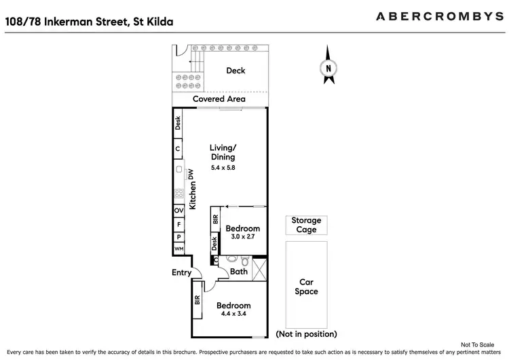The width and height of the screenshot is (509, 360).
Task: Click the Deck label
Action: (x=235, y=71)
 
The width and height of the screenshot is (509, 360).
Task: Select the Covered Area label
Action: (x=219, y=99)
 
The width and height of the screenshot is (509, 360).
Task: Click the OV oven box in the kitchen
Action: (x=179, y=211)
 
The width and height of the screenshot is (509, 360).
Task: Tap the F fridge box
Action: (x=179, y=223)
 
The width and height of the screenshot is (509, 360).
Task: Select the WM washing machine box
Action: (x=179, y=249)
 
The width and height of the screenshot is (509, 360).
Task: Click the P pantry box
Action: (x=179, y=236)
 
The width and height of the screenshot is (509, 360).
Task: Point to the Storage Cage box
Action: (x=306, y=225)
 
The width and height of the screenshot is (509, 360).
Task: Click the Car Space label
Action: (x=306, y=287)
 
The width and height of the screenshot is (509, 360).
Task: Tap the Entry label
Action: (x=182, y=273)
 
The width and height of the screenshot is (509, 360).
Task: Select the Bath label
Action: (x=239, y=272)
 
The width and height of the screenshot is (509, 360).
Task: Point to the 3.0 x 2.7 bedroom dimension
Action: (x=242, y=236)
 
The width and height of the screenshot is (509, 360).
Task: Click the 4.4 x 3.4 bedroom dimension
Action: (x=234, y=314)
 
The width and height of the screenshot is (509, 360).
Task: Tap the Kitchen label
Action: (x=193, y=196)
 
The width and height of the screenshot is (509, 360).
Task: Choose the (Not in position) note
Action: (x=306, y=334)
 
